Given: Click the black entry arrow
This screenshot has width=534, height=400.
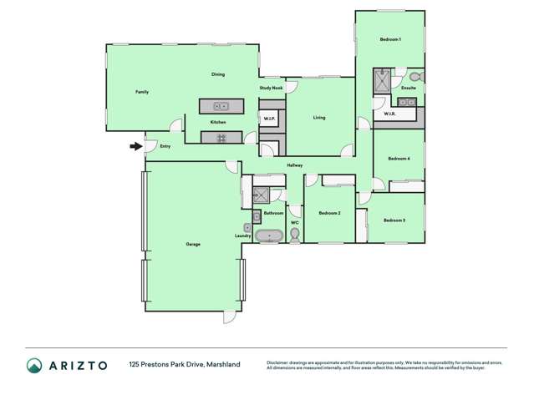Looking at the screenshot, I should coord(135,147).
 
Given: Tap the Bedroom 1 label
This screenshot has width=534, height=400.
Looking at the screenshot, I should coord(391,40).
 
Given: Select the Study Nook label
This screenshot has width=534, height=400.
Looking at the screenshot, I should coord(271,88).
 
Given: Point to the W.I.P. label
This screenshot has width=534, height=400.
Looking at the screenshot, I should coord(269,119).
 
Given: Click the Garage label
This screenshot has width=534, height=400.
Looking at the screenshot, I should coord(192,244).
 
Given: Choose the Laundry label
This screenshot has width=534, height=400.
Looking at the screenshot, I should coord(243,236).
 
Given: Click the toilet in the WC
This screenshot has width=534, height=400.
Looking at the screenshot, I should coord(294,236).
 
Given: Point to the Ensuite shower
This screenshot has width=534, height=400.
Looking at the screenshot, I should coord(382,81).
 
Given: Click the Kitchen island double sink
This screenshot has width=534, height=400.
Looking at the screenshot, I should coord(221,106).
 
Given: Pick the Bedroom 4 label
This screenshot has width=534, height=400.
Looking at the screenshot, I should coord(399,158).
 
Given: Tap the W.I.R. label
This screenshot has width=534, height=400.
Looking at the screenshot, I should coord(389,114).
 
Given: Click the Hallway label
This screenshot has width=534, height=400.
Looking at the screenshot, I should coord(295,165).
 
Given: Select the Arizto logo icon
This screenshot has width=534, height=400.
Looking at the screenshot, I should coord(34,365).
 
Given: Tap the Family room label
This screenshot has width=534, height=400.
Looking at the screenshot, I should coord(142,91).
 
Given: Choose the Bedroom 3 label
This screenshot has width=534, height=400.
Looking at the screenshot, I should coord(394,220).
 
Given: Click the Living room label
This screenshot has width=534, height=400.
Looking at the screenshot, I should coord(319,118).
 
